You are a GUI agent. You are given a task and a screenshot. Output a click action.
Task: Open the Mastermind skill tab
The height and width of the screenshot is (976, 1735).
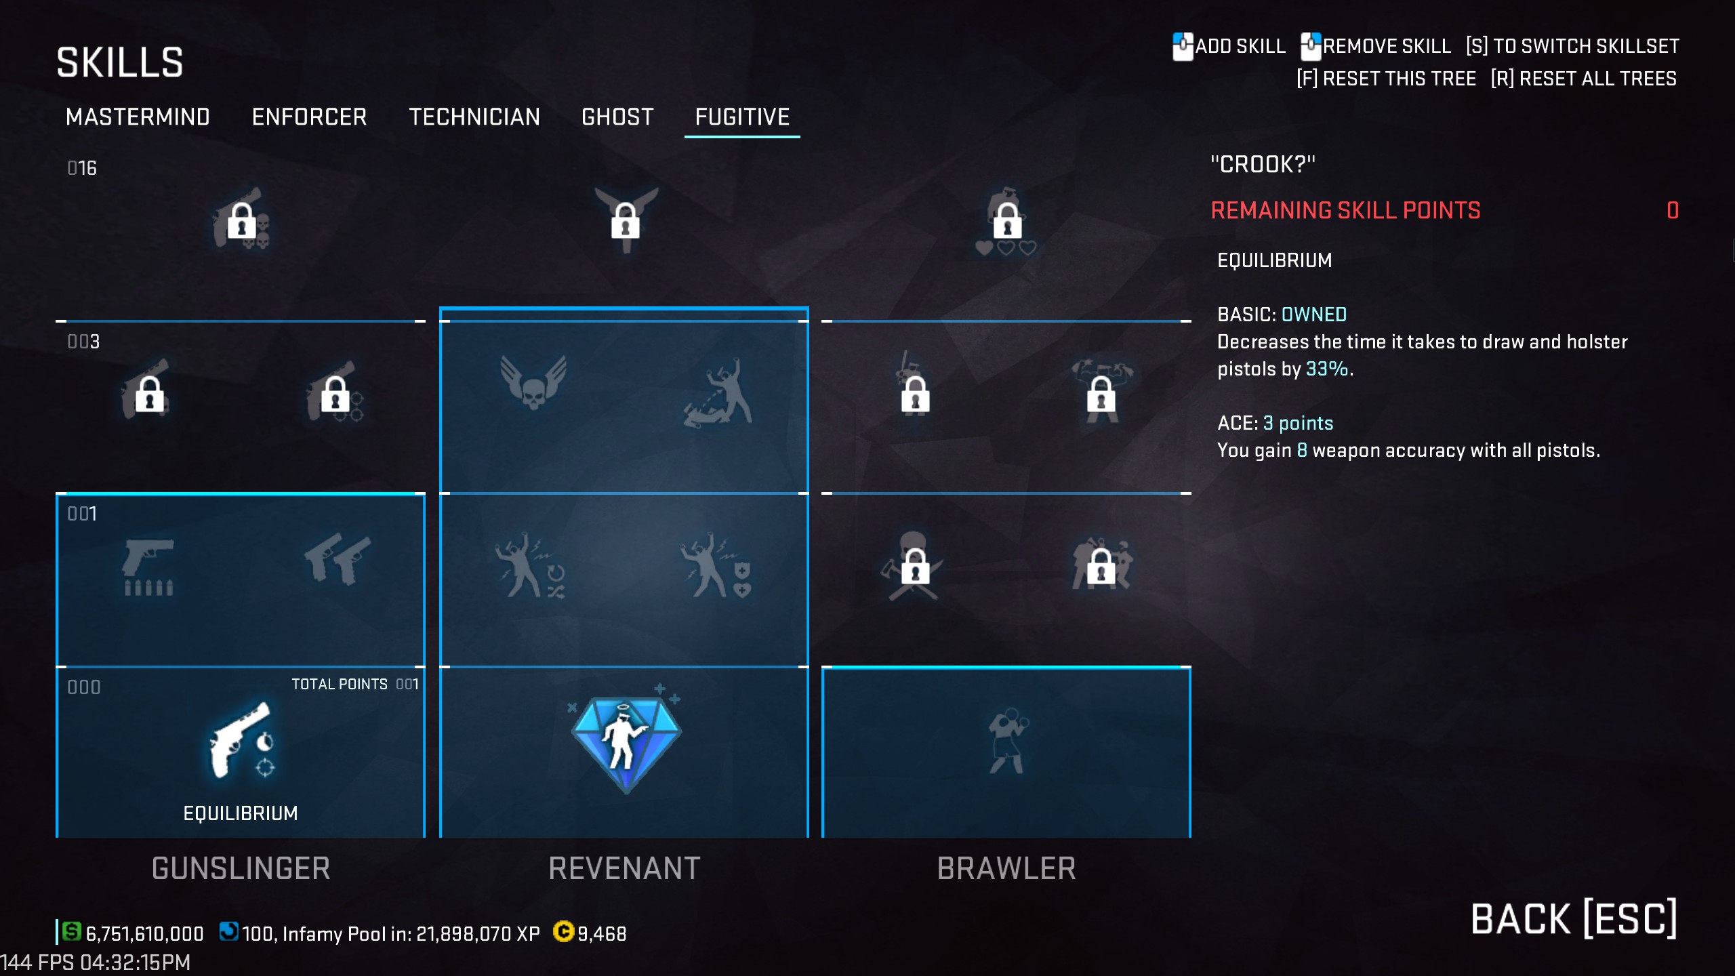tap(138, 117)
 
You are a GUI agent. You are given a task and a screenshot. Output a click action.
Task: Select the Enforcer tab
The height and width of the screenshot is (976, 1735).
tap(309, 117)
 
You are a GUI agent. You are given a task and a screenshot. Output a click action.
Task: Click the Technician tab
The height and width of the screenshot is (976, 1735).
tap(474, 117)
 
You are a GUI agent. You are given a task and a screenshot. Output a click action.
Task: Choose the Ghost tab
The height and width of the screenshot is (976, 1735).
tap(617, 117)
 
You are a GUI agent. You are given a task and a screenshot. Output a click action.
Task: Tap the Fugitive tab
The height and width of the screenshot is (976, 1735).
tap(742, 117)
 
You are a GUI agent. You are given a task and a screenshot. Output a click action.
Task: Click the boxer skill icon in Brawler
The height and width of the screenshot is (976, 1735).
tap(1007, 741)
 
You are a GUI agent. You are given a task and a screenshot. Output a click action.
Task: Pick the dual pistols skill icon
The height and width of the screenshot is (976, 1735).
tap(338, 558)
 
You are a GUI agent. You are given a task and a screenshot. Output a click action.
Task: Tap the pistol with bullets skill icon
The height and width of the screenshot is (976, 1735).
tap(148, 567)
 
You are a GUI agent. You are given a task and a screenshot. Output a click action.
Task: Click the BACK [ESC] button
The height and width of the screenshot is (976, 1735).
tap(1574, 919)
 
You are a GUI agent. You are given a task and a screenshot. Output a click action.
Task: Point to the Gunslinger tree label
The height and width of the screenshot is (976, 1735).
tap(241, 868)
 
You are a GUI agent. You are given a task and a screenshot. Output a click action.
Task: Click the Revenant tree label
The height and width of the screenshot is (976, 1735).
tap(624, 868)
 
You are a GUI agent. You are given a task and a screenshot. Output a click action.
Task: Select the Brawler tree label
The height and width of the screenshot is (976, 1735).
tap(1006, 868)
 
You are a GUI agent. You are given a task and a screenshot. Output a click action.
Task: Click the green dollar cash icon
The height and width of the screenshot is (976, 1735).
tap(71, 932)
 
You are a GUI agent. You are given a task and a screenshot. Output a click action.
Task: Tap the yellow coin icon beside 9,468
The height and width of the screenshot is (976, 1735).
tap(563, 932)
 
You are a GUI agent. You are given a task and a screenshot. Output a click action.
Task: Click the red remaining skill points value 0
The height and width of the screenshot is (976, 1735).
tap(1673, 211)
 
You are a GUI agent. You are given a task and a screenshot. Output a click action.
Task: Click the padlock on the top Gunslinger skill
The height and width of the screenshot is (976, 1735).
tap(241, 221)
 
